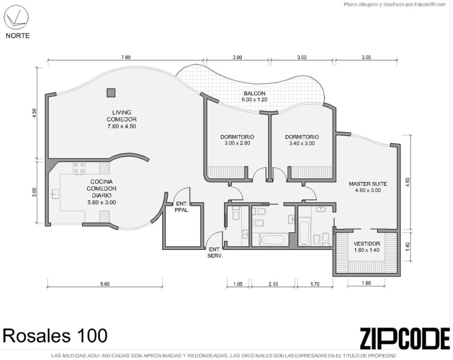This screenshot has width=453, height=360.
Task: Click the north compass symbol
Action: [x=18, y=18]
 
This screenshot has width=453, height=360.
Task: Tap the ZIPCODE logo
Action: [x=405, y=339]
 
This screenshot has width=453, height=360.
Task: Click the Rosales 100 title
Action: [x=55, y=336]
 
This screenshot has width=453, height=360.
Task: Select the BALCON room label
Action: [x=255, y=96]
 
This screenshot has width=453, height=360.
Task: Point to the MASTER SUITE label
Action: [x=368, y=187]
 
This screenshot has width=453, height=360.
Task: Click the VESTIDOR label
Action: [x=367, y=247]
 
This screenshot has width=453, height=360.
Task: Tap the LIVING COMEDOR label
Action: [x=121, y=119]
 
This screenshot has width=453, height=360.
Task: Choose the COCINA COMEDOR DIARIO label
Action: [x=102, y=192]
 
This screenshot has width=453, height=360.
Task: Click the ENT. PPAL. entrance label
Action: [x=182, y=206]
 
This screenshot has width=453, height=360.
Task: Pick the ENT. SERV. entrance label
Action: [x=215, y=253]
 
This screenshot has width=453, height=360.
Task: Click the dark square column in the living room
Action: [x=111, y=93]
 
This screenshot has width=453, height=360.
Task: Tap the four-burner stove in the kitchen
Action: [x=79, y=168]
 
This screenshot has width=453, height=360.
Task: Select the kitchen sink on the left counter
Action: [x=55, y=193]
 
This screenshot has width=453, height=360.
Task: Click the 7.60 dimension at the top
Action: [x=126, y=57]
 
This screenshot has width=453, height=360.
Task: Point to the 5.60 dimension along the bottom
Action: [x=105, y=284]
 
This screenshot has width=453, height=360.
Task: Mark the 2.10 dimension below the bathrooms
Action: [x=273, y=284]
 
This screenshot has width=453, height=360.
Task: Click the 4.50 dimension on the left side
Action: [x=34, y=113]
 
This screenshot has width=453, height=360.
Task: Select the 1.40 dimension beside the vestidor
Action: [x=407, y=246]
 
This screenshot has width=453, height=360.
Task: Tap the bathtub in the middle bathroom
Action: [x=272, y=240]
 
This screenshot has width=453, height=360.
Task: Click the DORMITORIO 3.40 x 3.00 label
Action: [x=302, y=140]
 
